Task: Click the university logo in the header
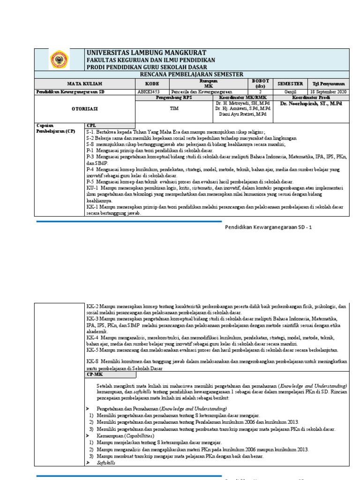click(x=59, y=60)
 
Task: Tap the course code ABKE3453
click(x=147, y=92)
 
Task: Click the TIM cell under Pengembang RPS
click(x=174, y=107)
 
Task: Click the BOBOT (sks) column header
click(x=260, y=83)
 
